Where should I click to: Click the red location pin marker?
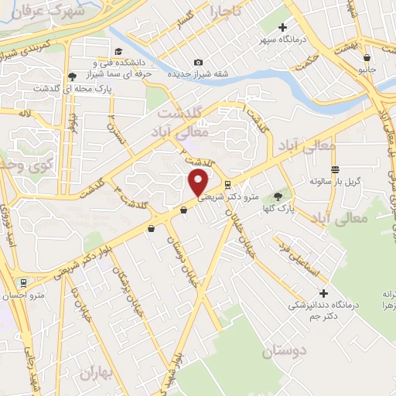198,183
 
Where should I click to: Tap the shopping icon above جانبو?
367,56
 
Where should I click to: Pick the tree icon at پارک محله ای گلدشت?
72,76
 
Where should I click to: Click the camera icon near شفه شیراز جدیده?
199,62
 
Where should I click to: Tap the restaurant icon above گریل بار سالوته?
334,169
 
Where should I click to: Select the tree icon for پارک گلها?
278,198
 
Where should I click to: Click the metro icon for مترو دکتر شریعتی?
227,185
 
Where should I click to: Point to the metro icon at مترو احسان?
25,282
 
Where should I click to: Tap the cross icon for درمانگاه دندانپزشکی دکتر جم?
323,294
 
